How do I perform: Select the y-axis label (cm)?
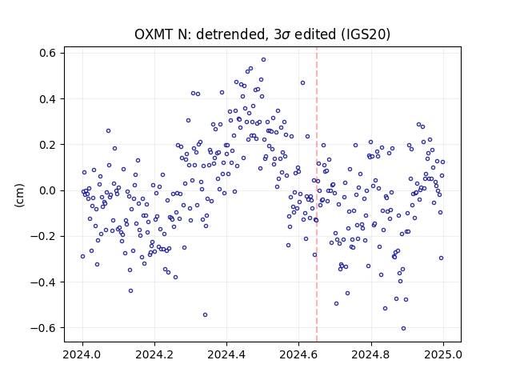click(x=19, y=195)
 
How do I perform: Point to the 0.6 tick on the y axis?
click(x=47, y=53)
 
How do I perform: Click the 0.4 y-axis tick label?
click(x=47, y=99)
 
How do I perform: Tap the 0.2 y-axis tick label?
click(x=47, y=145)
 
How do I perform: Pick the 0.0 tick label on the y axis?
click(x=47, y=190)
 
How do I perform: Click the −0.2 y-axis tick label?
click(x=42, y=237)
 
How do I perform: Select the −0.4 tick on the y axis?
click(x=42, y=282)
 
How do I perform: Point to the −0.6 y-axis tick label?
click(x=42, y=328)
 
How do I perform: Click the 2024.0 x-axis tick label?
click(x=82, y=354)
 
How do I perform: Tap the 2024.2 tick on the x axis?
click(x=154, y=354)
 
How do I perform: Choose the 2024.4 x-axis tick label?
click(x=226, y=354)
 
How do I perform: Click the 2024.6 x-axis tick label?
click(x=298, y=354)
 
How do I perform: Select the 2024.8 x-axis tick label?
click(x=371, y=354)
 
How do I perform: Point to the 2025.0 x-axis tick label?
click(x=443, y=354)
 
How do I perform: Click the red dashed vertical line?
click(x=317, y=194)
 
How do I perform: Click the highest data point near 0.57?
click(x=263, y=60)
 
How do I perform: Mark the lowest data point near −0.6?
click(x=403, y=329)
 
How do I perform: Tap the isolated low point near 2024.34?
click(x=205, y=314)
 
